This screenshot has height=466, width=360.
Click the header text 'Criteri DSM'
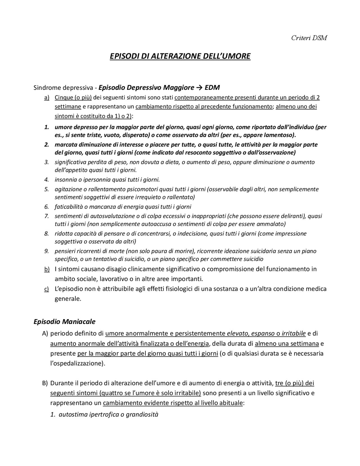pyautogui.click(x=309, y=38)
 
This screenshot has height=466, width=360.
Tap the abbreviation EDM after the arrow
pyautogui.click(x=212, y=88)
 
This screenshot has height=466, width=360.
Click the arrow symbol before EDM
pyautogui.click(x=199, y=88)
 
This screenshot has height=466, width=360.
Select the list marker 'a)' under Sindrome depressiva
pyautogui.click(x=47, y=98)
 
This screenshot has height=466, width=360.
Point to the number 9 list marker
pyautogui.click(x=46, y=251)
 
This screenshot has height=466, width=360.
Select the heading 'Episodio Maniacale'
pyautogui.click(x=64, y=321)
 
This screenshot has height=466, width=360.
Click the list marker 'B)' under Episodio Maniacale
pyautogui.click(x=45, y=383)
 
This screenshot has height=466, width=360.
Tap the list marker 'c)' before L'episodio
pyautogui.click(x=47, y=289)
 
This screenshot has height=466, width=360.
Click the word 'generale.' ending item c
pyautogui.click(x=68, y=299)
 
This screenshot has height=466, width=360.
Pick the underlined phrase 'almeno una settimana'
pyautogui.click(x=287, y=344)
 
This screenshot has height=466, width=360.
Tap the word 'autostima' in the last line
pyautogui.click(x=72, y=415)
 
